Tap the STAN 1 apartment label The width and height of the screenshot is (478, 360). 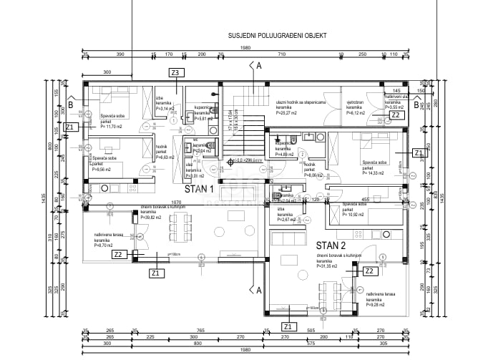pyautogui.click(x=200, y=189)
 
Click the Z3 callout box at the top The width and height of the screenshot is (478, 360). pyautogui.click(x=175, y=72)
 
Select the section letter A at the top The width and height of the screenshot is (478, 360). pyautogui.click(x=259, y=65)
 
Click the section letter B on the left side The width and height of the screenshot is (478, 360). pyautogui.click(x=70, y=103)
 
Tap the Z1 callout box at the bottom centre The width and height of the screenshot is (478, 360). pyautogui.click(x=287, y=326)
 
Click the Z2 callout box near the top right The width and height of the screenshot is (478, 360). pyautogui.click(x=395, y=115)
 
